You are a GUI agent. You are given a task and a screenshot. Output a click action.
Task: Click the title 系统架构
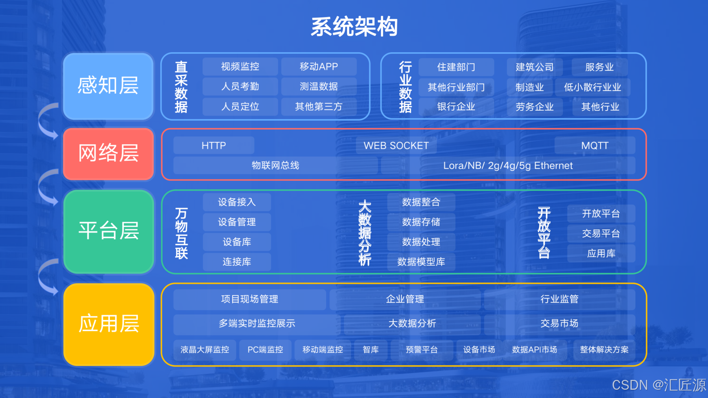point(354,27)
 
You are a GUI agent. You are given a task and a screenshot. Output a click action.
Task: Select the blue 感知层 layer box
point(108,86)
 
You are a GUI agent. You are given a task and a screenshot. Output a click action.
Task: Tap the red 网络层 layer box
point(108,153)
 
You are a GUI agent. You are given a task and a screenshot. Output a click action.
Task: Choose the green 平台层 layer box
point(108,231)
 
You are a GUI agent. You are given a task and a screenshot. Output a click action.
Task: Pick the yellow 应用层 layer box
point(108,324)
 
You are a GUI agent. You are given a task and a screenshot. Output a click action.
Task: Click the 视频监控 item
point(240,67)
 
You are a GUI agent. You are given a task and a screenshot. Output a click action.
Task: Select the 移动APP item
point(319,67)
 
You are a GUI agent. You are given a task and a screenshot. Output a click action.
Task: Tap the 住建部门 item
point(456,67)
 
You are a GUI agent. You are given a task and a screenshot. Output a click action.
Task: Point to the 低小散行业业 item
point(592,87)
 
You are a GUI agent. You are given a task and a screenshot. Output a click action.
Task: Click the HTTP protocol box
point(214,146)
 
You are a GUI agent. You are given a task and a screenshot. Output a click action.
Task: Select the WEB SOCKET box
point(396,146)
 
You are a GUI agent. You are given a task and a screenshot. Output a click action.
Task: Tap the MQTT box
point(595,146)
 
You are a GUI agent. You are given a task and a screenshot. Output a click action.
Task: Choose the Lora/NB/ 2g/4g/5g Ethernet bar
point(508,166)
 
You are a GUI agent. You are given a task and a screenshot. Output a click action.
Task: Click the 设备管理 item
point(237,222)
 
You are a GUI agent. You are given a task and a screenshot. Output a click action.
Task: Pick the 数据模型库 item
point(421,262)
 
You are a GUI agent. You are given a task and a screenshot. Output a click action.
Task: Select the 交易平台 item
point(601,234)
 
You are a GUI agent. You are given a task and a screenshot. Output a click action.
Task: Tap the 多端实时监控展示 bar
point(257,323)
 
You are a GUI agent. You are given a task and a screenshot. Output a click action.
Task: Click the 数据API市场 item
point(535,350)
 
